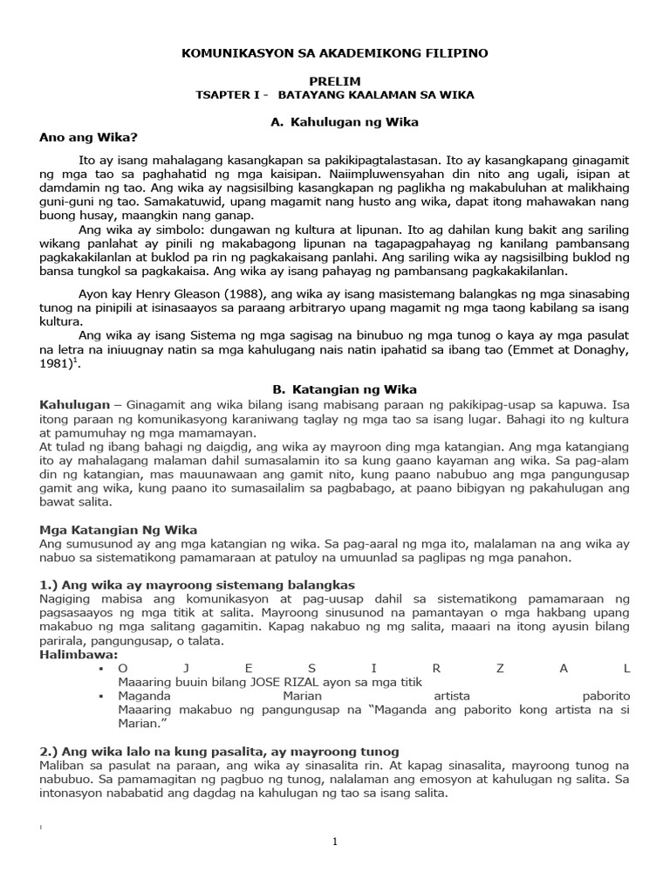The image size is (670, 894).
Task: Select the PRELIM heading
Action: click(x=334, y=81)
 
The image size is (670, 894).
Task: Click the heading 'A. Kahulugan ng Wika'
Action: click(x=345, y=122)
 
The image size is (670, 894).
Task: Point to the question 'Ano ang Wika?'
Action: click(x=89, y=136)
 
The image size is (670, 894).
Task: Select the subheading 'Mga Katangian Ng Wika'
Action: click(x=119, y=529)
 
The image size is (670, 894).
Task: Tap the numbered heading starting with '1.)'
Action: click(x=197, y=584)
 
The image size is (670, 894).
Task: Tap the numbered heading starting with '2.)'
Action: click(x=219, y=751)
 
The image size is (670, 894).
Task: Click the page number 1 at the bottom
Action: click(x=334, y=842)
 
